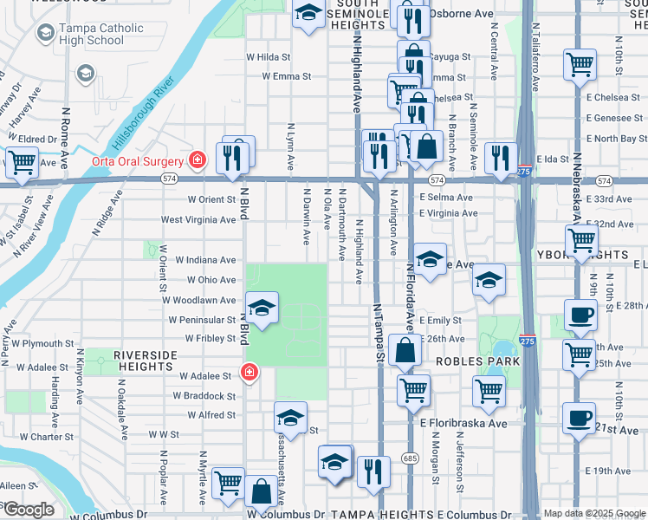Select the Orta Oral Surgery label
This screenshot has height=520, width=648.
tap(139, 161)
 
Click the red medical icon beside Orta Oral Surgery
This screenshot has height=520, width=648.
tap(198, 160)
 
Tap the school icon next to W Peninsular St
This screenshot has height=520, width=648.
tap(262, 307)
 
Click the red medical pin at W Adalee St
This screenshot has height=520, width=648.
tap(249, 372)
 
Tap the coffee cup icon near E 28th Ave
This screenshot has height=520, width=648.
tap(579, 315)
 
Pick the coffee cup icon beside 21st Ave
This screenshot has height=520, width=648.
tap(578, 417)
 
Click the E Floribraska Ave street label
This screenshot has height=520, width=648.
tap(463, 424)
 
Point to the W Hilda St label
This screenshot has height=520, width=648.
tap(268, 56)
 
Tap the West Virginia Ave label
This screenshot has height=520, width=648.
tap(198, 220)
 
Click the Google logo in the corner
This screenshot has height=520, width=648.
tap(28, 510)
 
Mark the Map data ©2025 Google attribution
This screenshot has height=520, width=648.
tap(593, 513)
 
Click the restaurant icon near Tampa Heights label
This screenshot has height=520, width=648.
tap(373, 472)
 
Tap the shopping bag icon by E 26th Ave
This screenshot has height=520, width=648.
tap(405, 350)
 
